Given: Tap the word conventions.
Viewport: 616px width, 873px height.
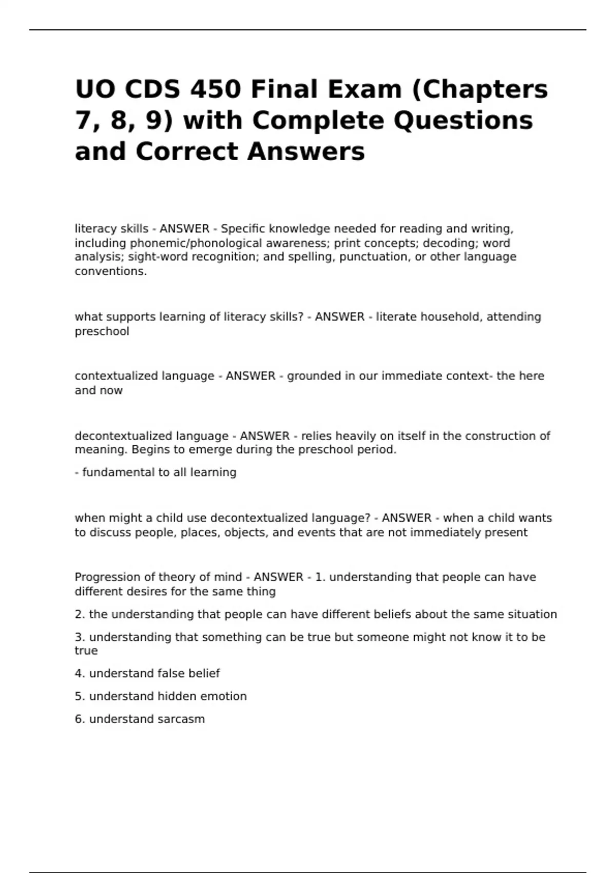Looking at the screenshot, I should tap(111, 271).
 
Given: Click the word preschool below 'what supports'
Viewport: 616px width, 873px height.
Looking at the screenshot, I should tap(102, 331).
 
